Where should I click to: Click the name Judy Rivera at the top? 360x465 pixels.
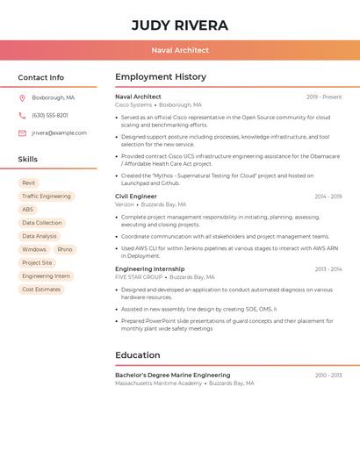[x=179, y=25]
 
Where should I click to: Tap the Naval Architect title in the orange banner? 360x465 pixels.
[x=179, y=50]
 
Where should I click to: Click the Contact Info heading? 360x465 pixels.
[x=41, y=77]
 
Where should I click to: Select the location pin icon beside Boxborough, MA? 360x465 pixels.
[x=22, y=97]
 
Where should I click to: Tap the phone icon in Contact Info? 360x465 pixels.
[x=22, y=115]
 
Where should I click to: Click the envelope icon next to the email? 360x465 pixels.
[x=22, y=133]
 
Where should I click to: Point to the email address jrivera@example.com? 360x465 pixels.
[x=59, y=133]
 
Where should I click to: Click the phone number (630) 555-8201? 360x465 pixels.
[x=50, y=115]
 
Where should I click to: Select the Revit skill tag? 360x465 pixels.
[x=29, y=183]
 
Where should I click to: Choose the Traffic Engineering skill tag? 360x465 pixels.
[x=47, y=197]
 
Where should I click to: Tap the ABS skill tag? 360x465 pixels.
[x=28, y=210]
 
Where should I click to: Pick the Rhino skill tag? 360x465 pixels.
[x=65, y=249]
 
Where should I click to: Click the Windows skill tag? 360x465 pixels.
[x=34, y=249]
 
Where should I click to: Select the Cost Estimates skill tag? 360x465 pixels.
[x=41, y=290]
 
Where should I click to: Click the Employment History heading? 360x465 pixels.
[x=161, y=77]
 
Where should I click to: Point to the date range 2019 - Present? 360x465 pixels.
[x=324, y=97]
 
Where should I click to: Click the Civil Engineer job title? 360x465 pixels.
[x=136, y=197]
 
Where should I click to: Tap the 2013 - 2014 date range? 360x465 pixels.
[x=328, y=269]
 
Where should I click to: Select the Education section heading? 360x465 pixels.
[x=138, y=355]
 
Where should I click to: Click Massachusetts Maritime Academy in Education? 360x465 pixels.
[x=158, y=383]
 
